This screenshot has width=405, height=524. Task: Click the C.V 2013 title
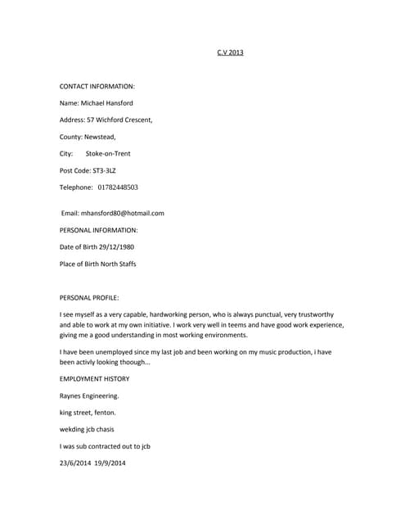[230, 52]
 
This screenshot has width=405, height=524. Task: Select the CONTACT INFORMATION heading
[97, 86]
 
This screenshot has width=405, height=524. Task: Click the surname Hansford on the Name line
[115, 103]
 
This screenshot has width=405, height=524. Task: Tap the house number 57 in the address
[91, 120]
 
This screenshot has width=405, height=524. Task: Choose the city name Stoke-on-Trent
[108, 153]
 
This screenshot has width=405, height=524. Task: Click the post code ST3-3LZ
[104, 170]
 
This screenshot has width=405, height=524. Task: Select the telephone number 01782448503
[118, 187]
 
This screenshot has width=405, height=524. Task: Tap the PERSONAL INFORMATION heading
[99, 230]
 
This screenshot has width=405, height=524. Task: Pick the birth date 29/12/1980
[115, 247]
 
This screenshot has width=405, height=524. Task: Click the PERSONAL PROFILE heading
[89, 298]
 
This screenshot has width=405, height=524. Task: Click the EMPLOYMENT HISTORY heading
[94, 379]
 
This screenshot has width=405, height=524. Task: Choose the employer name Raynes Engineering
[89, 395]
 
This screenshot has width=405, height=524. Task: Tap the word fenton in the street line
[105, 413]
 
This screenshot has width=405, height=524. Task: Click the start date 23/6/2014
[74, 463]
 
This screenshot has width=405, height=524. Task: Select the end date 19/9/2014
[110, 463]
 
